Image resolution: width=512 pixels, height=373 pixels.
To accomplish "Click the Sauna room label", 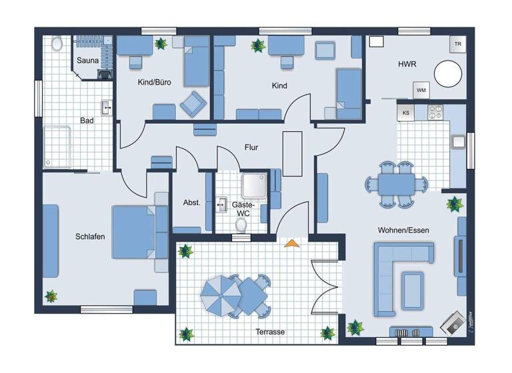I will click(x=88, y=61).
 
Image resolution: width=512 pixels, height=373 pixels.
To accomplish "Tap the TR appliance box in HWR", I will click(x=457, y=45).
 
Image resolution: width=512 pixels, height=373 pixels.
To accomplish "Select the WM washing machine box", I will click(x=421, y=90).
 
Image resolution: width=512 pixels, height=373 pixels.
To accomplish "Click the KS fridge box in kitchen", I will click(x=405, y=113).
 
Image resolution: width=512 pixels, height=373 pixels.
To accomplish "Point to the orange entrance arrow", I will click(x=290, y=243).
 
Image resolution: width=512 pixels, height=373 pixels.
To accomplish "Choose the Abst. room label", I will click(x=192, y=203).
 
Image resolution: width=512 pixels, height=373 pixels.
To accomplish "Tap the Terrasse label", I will click(x=271, y=331).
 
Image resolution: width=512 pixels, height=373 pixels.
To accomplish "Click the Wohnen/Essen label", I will click(x=403, y=230).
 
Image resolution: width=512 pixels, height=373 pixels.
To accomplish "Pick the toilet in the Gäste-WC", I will click(x=241, y=225).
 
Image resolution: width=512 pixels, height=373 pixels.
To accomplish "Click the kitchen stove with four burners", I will click(x=435, y=112).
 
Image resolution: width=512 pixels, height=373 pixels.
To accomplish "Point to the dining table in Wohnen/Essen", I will click(x=397, y=182).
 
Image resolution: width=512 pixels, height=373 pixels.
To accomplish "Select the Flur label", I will click(x=251, y=147).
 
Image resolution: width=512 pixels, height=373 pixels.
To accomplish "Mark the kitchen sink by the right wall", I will click(x=458, y=142).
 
